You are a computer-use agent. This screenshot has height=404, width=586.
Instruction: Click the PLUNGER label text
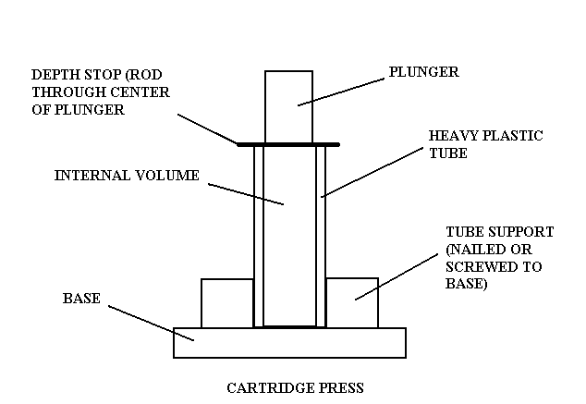[x=422, y=70]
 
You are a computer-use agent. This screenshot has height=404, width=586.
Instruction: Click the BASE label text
[x=80, y=299]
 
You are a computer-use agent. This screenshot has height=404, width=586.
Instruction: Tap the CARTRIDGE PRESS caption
[x=301, y=387]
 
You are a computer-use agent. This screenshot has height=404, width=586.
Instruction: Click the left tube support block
[x=226, y=302]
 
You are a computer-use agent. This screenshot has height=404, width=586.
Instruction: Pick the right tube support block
[x=352, y=302]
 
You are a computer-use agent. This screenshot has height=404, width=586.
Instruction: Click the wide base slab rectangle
[x=288, y=342]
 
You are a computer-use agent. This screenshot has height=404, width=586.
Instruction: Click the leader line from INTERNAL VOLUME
[x=245, y=194]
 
